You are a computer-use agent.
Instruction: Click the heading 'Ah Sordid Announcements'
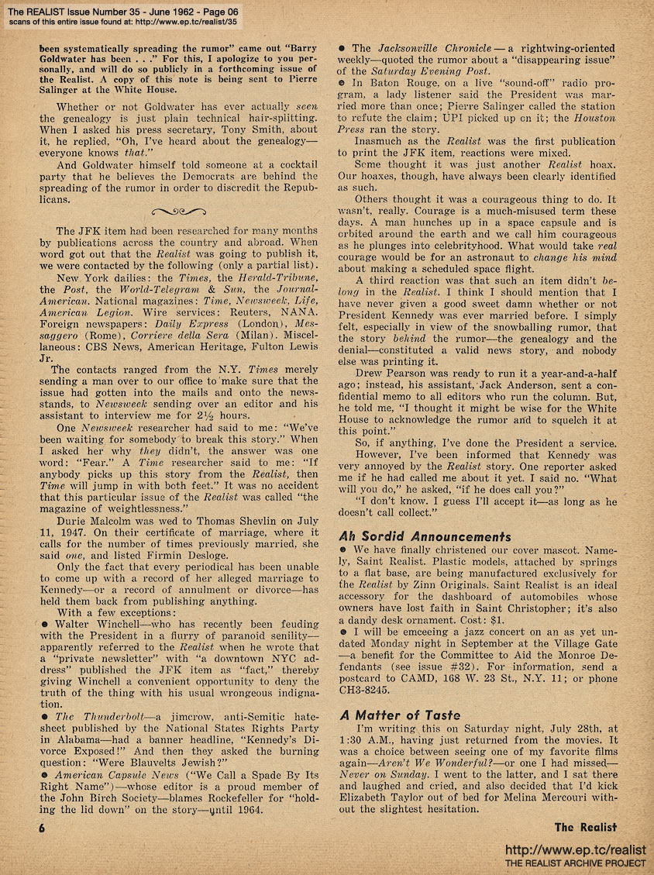pyautogui.click(x=425, y=536)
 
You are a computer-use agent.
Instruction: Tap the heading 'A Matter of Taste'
pyautogui.click(x=399, y=715)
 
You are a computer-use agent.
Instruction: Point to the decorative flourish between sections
pyautogui.click(x=179, y=211)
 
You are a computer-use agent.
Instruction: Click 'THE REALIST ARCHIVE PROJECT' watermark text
pyautogui.click(x=575, y=863)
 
